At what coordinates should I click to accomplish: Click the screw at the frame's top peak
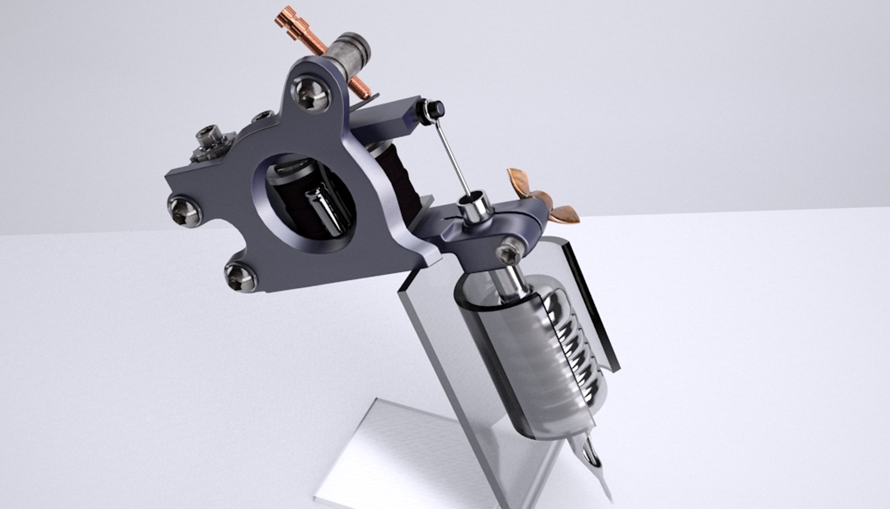[310, 94]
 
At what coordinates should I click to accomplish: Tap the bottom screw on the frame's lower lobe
[241, 277]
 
